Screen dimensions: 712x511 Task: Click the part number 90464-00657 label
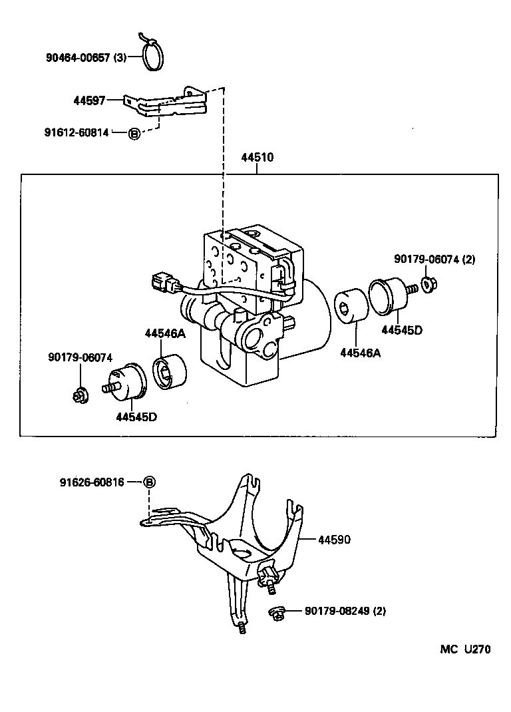(85, 58)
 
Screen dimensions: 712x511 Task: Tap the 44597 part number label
(90, 100)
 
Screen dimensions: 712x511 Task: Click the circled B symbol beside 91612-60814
(134, 133)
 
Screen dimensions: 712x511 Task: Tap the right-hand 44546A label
(360, 353)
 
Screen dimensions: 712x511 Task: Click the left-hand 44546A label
(165, 334)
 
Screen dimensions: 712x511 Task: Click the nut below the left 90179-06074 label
(78, 397)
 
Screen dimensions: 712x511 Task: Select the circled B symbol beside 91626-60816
(149, 482)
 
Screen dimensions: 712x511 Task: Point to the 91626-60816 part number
(90, 482)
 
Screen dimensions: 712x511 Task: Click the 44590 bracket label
(334, 540)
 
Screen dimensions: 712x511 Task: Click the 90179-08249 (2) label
(345, 611)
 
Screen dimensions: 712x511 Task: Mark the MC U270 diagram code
(464, 649)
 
